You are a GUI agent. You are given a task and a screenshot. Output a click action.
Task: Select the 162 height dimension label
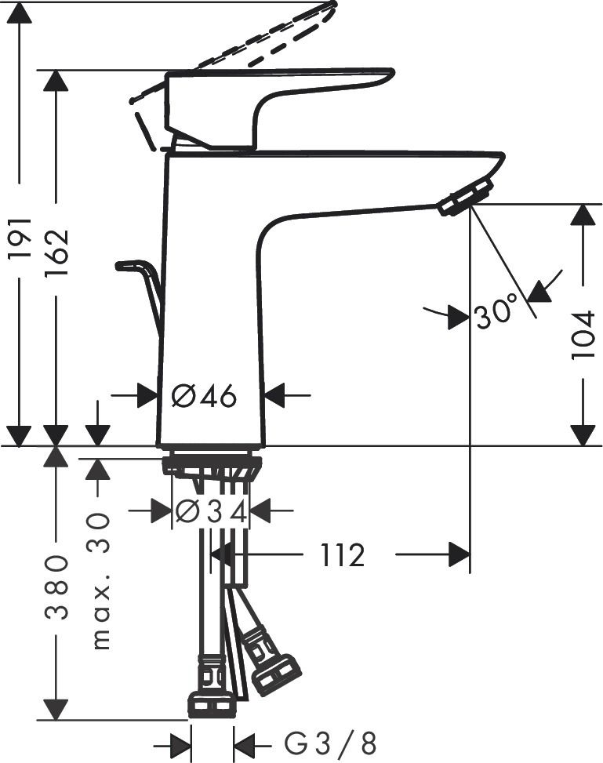[57, 252]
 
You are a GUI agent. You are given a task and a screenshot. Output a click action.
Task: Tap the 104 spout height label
[583, 335]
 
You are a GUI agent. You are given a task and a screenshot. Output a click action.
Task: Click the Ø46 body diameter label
[204, 396]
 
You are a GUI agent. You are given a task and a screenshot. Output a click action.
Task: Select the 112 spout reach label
[343, 556]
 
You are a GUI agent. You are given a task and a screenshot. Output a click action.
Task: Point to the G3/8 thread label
[330, 742]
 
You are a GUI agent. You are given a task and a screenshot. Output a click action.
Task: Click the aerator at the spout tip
[466, 195]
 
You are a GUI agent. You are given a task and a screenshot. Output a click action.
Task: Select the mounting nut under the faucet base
[212, 466]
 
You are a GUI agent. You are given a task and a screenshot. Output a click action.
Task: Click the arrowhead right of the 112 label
[460, 555]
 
